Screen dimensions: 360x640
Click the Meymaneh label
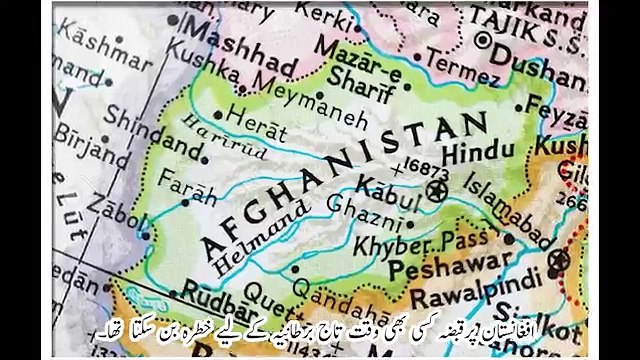279,93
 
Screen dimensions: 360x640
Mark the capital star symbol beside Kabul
436,187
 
